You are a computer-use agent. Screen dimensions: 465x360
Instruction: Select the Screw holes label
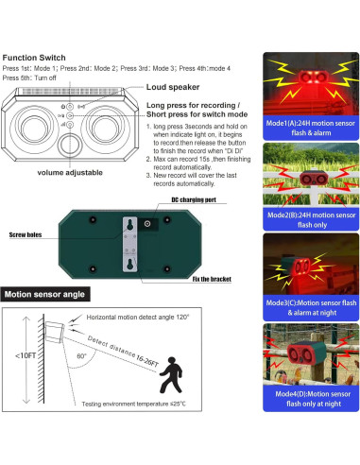(x=28, y=232)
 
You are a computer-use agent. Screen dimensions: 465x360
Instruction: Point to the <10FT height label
(x=22, y=382)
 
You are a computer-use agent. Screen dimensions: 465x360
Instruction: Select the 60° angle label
(x=83, y=357)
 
